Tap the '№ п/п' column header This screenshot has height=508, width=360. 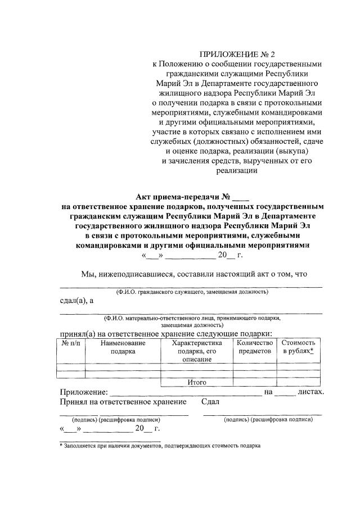72,343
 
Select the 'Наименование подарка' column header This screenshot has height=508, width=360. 123,347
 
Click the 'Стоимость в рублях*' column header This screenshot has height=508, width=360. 298,347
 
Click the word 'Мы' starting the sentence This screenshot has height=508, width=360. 89,274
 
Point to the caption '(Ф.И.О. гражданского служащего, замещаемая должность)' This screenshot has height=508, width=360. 191,292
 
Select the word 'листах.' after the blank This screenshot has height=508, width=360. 311,392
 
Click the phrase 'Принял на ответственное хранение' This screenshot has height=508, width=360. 123,402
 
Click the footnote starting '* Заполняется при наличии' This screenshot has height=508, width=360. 160,444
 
